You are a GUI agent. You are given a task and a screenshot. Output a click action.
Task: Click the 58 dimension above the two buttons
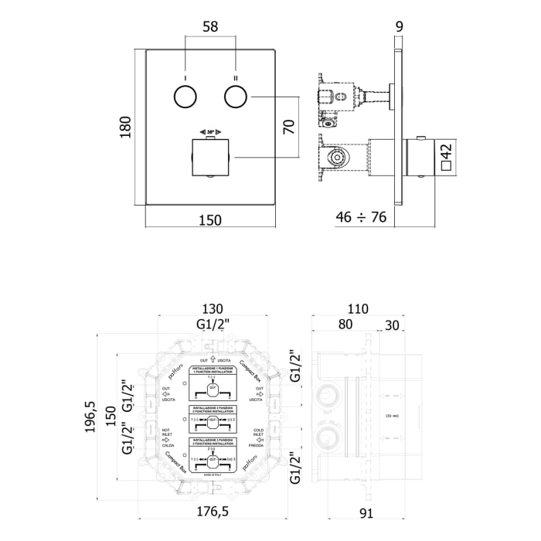[x=209, y=26]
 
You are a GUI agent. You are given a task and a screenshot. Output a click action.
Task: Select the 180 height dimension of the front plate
[x=125, y=127]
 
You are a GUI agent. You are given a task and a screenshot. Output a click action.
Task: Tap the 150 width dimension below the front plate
[x=209, y=220]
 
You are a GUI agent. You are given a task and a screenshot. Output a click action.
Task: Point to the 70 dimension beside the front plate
[x=289, y=127]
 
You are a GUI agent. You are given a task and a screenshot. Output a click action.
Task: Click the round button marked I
[x=185, y=97]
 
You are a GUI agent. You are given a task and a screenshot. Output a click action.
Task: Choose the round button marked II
[x=235, y=97]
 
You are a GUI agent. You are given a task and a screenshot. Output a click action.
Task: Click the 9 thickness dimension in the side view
[x=399, y=26]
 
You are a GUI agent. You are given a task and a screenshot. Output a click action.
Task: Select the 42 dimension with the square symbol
[x=446, y=155]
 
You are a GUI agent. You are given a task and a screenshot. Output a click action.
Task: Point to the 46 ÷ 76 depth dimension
[x=361, y=218]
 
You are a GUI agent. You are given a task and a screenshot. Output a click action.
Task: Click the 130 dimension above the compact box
[x=213, y=308]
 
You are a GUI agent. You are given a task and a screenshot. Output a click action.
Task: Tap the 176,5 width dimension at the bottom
[x=213, y=511]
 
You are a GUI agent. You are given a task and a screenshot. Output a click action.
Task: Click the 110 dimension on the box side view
[x=359, y=308]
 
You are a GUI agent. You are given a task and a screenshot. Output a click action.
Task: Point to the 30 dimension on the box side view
[x=392, y=325]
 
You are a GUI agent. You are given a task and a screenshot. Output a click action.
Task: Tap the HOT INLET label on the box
[x=166, y=437]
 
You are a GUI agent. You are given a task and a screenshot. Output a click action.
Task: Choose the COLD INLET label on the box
[x=259, y=437]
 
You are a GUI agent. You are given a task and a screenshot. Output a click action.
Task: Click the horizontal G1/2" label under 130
[x=213, y=325]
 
